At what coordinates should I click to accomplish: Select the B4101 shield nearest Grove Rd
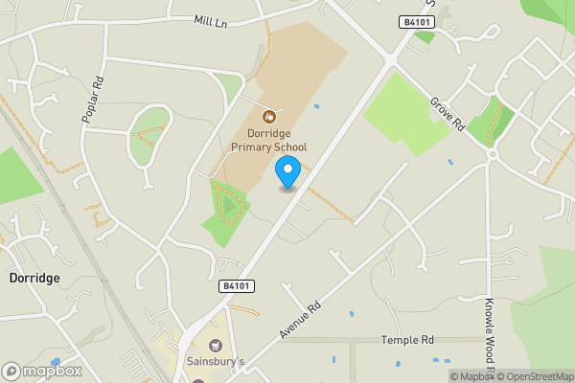click(414, 21)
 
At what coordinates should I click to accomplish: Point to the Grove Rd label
click(447, 114)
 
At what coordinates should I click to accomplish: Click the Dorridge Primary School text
click(268, 140)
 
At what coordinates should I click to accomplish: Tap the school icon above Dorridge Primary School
click(268, 115)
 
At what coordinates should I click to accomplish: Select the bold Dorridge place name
click(34, 278)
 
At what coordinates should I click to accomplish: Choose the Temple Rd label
click(407, 340)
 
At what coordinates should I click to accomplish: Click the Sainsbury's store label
click(215, 362)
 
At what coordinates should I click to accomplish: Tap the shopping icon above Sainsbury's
click(215, 345)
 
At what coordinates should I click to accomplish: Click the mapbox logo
click(42, 371)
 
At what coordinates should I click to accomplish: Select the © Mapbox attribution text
click(471, 376)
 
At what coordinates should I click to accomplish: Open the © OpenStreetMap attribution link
click(534, 376)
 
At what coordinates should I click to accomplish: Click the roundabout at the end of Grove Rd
click(493, 153)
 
